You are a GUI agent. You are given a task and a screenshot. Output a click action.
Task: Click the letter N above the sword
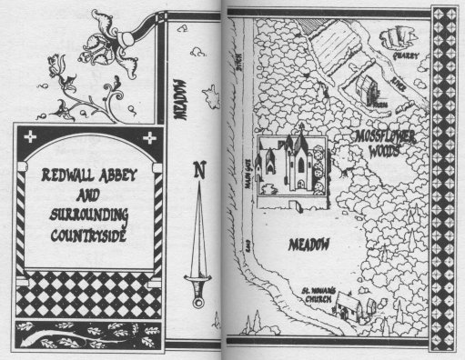coord(197,167)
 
